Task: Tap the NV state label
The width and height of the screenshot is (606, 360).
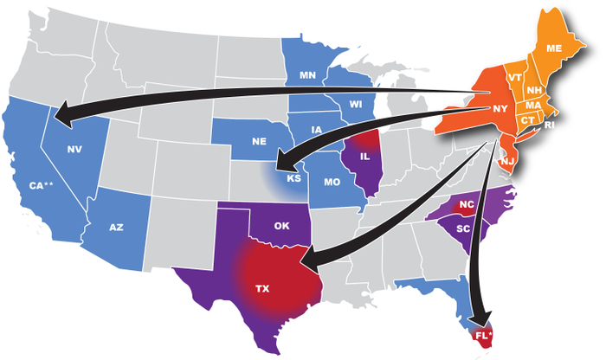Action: tap(74, 150)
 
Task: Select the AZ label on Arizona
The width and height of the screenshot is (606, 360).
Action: tap(117, 227)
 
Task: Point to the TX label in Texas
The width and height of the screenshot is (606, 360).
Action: tap(261, 286)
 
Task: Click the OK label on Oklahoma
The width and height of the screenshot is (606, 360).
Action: tap(281, 227)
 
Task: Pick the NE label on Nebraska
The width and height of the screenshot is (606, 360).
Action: tap(257, 140)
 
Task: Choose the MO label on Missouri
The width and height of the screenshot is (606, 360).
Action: tap(332, 183)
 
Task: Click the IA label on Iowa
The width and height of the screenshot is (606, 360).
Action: tap(317, 131)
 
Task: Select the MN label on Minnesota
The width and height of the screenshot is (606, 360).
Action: tap(306, 75)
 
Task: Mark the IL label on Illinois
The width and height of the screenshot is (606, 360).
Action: tap(364, 158)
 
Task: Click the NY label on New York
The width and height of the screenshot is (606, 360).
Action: tap(500, 109)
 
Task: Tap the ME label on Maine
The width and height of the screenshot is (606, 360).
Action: tap(554, 48)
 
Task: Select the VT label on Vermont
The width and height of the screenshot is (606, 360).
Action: tap(514, 77)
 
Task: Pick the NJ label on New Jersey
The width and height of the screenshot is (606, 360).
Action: tap(508, 162)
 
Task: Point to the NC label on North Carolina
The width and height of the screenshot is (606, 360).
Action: tap(467, 206)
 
